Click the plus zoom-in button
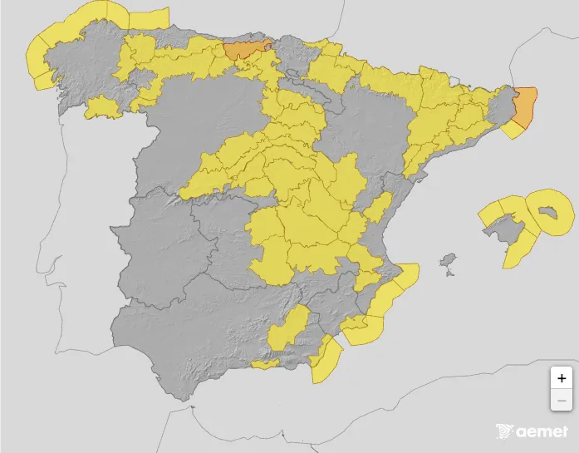[x=562, y=377]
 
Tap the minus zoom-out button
[x=562, y=400]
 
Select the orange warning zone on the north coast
[x=247, y=49]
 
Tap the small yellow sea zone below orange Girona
[x=514, y=130]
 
